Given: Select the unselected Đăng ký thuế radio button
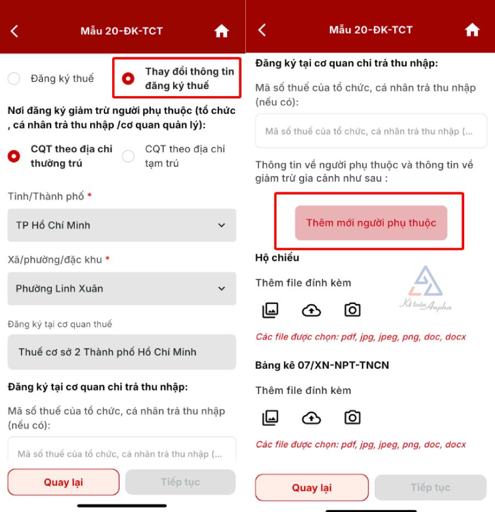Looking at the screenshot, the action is (14, 79).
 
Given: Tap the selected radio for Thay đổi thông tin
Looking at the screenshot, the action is (128, 79).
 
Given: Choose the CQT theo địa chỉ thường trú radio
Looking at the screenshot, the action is (14, 156).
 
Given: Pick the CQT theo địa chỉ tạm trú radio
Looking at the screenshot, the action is (128, 156).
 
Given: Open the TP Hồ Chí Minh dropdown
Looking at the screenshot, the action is (122, 225).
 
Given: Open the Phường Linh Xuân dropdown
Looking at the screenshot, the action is (122, 288).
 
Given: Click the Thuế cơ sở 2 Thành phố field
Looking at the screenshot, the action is (122, 352).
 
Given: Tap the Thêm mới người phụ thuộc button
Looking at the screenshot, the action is (371, 222).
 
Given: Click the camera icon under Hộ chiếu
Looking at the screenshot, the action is (353, 309).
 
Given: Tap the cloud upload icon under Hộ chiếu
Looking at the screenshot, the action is (311, 310).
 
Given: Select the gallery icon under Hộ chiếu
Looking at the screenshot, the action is (271, 310).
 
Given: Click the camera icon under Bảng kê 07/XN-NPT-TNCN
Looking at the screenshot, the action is (353, 418).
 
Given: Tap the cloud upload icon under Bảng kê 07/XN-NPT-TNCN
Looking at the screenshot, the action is (311, 418).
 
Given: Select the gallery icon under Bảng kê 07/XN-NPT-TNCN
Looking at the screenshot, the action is (271, 418).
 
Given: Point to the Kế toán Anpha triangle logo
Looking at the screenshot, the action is (426, 281).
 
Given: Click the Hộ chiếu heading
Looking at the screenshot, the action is (277, 258).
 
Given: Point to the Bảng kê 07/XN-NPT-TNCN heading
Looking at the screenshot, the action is (322, 365).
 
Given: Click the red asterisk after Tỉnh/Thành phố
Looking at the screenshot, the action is (89, 195).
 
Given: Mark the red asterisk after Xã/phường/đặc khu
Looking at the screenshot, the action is (107, 259).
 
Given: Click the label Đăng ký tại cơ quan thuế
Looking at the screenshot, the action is (60, 324).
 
